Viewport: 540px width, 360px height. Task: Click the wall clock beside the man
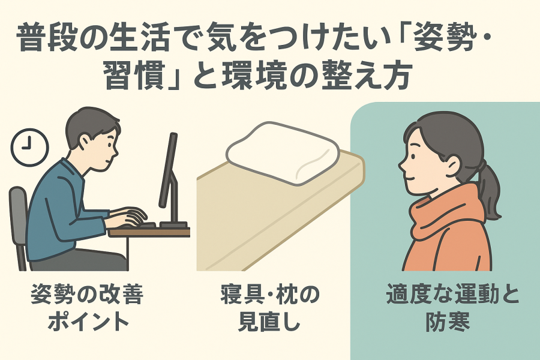[29, 147]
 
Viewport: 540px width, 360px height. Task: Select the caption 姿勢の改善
[87, 295]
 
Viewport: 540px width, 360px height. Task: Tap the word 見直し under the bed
[269, 322]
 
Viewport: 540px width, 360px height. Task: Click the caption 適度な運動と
[452, 295]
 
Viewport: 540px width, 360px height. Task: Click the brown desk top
[149, 232]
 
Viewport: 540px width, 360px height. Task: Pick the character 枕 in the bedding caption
[289, 295]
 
